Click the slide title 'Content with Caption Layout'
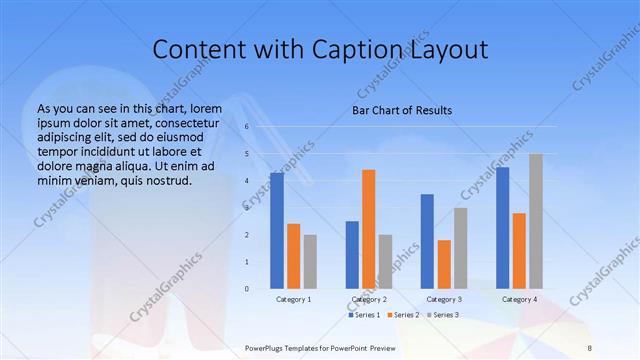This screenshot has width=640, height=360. coord(319,50)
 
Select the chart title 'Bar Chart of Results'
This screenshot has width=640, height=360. coord(402,110)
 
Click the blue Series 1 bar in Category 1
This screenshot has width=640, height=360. coord(277,231)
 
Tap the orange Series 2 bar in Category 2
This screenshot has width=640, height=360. coord(368,229)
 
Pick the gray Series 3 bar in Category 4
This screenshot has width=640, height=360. coord(536,221)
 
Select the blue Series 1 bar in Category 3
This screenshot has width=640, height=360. coord(427,241)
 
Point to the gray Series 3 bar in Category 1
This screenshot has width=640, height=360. coord(310,261)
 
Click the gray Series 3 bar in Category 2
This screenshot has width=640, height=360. coord(385,261)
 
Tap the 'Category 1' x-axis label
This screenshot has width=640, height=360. coord(293,299)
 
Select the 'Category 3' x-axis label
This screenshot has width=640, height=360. coord(443,299)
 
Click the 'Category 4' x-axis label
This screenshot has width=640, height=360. coord(519,299)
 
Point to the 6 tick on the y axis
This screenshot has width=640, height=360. coord(246,127)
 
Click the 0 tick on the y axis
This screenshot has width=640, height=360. coord(246,289)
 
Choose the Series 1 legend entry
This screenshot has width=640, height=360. coord(365,315)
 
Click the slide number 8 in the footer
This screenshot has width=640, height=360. coord(589,348)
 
